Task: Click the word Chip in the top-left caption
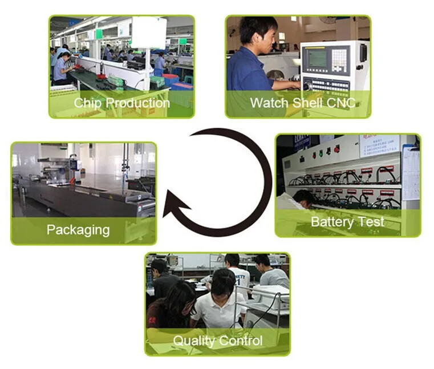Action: [88, 103]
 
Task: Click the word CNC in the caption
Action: [342, 103]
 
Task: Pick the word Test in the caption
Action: [372, 221]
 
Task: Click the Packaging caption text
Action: [78, 230]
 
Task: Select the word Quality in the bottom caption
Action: [194, 341]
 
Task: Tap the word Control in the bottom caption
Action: [240, 341]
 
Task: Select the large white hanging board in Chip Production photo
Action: [149, 33]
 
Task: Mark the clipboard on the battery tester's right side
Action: [410, 171]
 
